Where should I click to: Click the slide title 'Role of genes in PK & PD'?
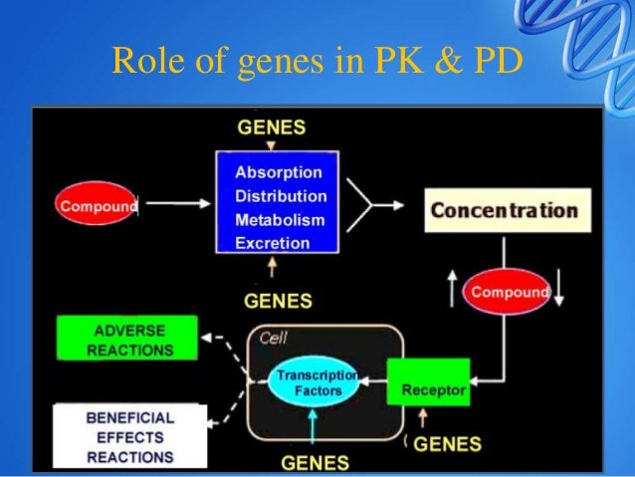316,62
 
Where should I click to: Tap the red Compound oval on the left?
97,206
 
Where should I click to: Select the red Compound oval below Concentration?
508,292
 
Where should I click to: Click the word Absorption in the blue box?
279,172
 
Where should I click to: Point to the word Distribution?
281,196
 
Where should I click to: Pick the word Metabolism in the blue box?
280,219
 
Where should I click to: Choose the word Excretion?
272,242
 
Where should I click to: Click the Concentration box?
503,210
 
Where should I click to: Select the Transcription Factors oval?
316,382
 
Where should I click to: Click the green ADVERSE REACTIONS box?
129,340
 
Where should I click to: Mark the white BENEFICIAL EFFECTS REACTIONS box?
129,437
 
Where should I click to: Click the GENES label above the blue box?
271,128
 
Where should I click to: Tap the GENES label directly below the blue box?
278,300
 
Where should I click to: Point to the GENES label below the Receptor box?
447,444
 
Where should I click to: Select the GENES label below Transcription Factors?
315,462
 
